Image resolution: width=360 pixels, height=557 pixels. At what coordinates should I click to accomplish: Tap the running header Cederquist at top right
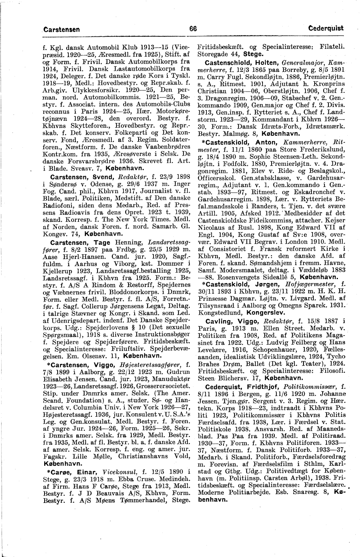(x=326, y=28)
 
